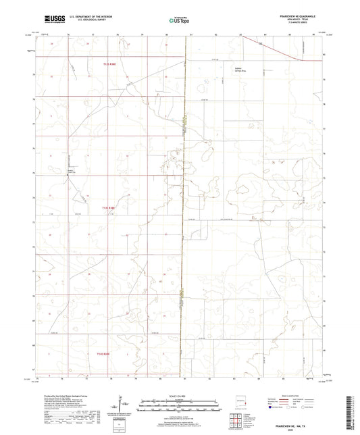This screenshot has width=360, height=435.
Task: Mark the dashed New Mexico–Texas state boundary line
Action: click(x=184, y=203)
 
